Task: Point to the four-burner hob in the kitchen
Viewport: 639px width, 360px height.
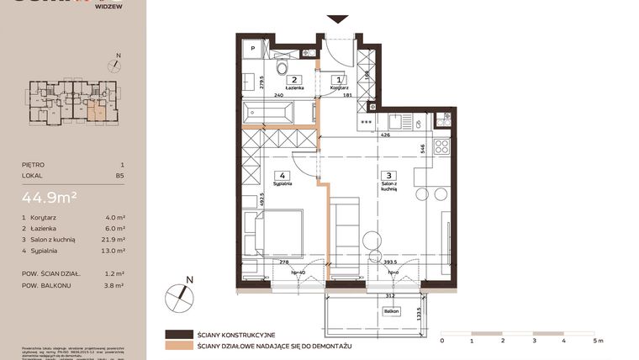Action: coord(441,148)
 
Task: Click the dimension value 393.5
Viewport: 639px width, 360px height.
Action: coord(388,262)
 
